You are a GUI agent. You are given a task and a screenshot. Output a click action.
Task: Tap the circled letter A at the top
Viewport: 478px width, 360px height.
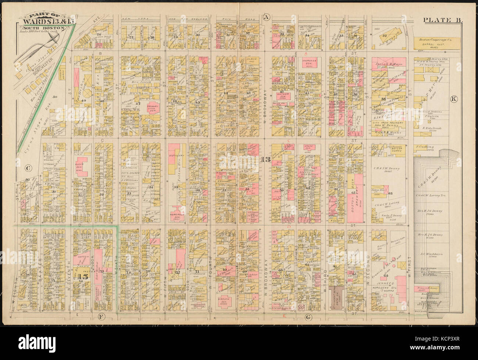tap(266, 17)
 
